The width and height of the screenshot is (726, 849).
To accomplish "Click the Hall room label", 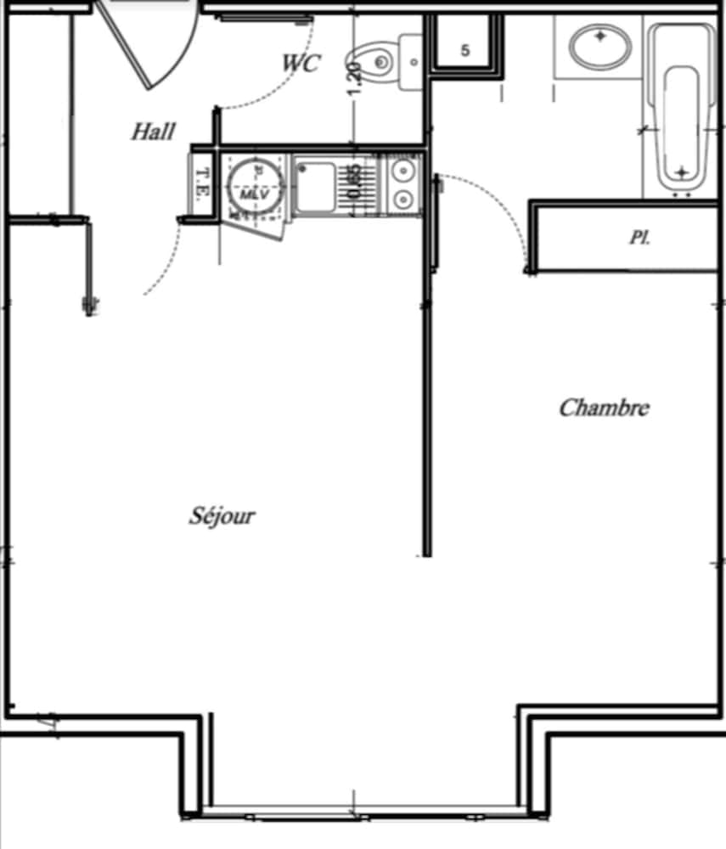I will coord(154,132).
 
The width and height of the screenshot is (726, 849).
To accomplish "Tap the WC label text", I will coord(301,63).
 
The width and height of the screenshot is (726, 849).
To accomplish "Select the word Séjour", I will coord(222,515).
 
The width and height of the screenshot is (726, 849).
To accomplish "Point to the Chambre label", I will coord(604,408).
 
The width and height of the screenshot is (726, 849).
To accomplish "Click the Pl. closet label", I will coord(639,238).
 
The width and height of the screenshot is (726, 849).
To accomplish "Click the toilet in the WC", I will coord(378,61).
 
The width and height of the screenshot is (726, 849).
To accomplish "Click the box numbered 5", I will coord(464,50).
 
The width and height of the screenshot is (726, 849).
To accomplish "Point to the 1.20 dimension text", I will coord(355,83).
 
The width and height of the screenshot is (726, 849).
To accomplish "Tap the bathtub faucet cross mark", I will coord(682,172).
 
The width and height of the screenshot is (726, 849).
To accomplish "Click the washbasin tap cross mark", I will coord(601,37).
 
